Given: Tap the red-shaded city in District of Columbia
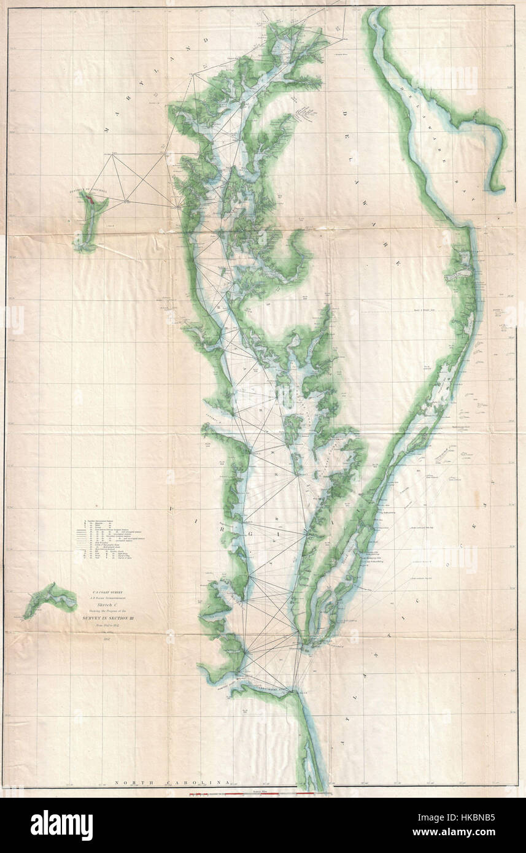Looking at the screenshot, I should click(x=90, y=199).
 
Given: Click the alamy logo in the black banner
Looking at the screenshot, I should click(x=61, y=825).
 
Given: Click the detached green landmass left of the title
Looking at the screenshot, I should click(x=48, y=598).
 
